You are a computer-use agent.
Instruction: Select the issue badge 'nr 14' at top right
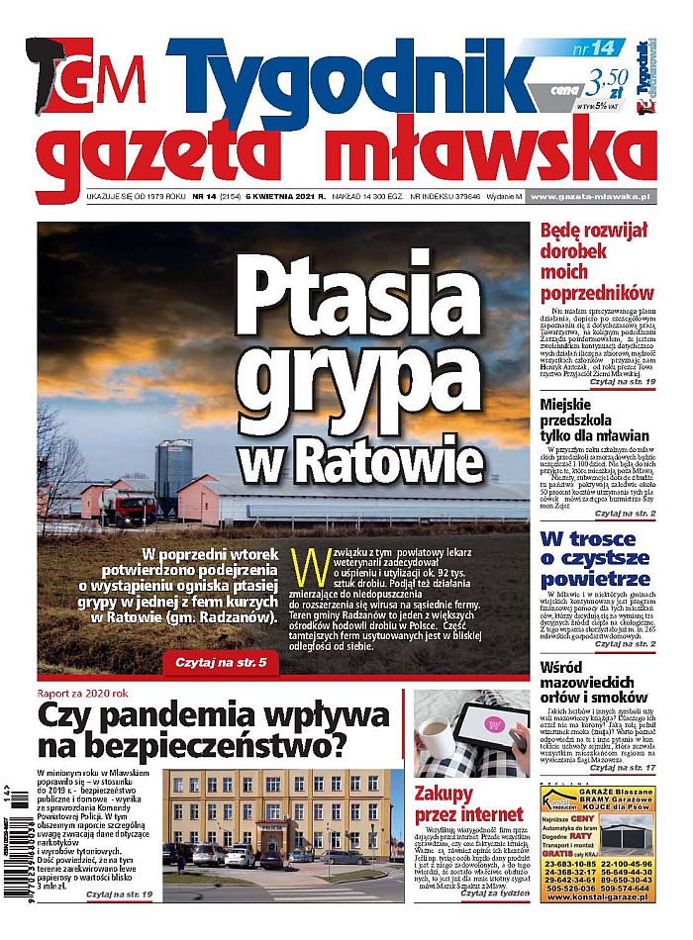tap(594, 47)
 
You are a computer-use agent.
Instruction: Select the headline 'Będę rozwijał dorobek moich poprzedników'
tap(597, 261)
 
